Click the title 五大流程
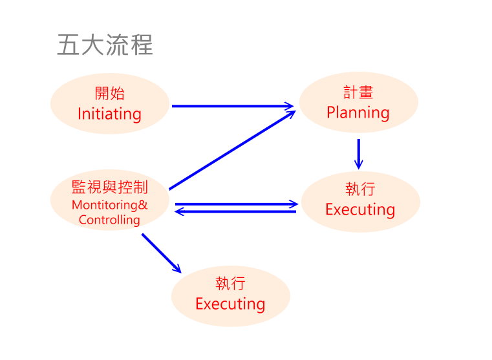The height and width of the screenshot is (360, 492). [x=105, y=45]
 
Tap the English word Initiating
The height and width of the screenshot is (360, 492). [x=109, y=114]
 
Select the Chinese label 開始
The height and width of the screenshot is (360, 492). [x=109, y=94]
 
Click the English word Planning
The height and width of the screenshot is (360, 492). [x=358, y=113]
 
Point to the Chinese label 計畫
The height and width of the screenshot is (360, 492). [x=358, y=92]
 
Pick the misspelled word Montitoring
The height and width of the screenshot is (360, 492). [x=105, y=206]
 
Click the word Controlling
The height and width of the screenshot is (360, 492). [x=109, y=220]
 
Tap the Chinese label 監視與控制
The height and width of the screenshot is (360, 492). [x=109, y=187]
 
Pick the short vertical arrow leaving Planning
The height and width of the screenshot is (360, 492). [x=358, y=153]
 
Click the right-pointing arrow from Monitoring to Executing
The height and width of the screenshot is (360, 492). [x=236, y=204]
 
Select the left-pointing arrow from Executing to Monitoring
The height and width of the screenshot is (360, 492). [x=236, y=211]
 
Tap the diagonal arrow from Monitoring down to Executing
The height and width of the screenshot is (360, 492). [x=161, y=252]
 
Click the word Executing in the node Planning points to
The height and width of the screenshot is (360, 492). [x=360, y=210]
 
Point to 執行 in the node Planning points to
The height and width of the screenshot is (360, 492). [x=360, y=189]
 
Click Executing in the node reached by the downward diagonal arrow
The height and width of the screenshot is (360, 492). [x=230, y=304]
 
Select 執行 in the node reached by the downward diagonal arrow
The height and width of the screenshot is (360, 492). [x=230, y=284]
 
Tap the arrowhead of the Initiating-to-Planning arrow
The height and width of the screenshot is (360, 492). [x=290, y=106]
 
